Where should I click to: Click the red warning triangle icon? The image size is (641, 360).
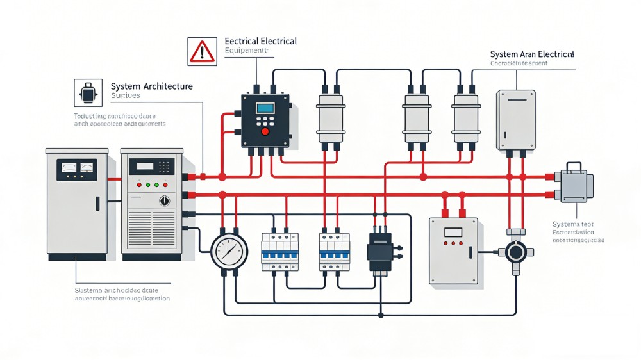(202, 51)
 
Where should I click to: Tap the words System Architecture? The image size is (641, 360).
(151, 86)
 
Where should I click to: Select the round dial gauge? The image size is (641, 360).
(229, 250)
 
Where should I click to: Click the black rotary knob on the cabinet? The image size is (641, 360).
(165, 201)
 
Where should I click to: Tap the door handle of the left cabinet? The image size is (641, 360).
(97, 204)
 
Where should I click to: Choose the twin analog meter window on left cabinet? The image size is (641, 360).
(76, 169)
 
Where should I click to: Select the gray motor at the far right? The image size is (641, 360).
(576, 186)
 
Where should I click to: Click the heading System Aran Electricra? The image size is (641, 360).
(532, 54)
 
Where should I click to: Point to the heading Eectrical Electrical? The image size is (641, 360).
(260, 42)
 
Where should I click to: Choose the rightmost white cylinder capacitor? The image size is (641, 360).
(466, 119)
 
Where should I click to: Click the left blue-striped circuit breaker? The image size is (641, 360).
(279, 250)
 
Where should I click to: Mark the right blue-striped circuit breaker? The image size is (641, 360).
(334, 250)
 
